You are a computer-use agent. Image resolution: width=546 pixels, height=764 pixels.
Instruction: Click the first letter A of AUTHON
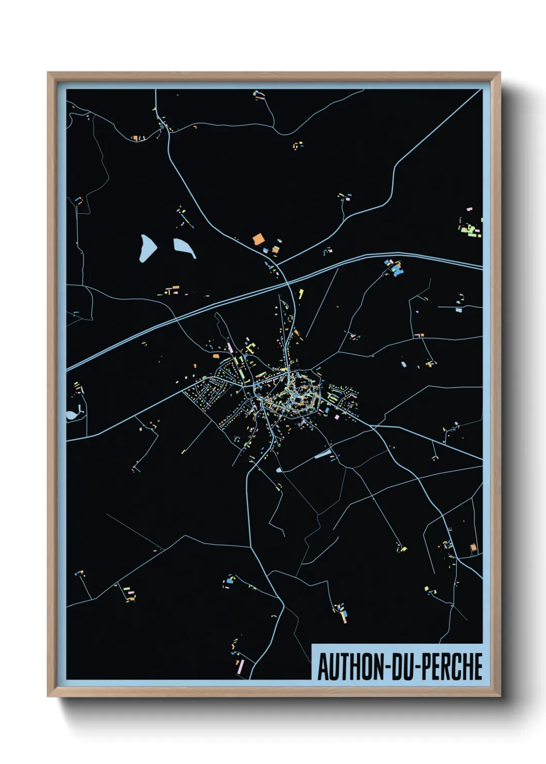324,666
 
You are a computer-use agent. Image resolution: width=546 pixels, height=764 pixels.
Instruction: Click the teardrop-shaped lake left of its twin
147,248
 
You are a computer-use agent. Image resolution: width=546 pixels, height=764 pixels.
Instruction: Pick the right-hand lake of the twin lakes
184,248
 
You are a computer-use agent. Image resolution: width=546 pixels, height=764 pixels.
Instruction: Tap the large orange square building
258,239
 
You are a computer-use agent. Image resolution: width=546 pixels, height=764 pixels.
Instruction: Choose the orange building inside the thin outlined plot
472,547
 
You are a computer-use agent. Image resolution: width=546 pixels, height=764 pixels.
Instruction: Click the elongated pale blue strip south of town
323,454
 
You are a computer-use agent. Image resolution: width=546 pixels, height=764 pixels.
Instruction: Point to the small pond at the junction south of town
279,470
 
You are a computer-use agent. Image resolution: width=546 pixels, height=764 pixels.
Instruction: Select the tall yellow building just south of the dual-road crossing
301,294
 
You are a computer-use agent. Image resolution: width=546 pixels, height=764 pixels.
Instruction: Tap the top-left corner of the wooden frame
49,73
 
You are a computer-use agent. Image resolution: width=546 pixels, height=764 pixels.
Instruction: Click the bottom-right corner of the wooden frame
500,696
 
